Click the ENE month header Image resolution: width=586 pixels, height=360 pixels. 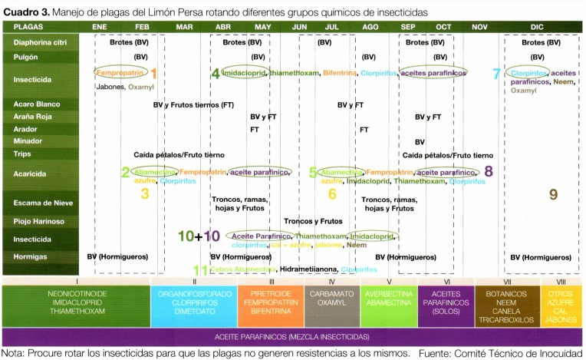click(x=99, y=26)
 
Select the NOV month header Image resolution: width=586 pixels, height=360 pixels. click(x=480, y=26)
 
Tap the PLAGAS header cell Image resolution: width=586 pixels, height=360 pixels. click(x=28, y=26)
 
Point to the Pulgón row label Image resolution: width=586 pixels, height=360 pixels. click(x=27, y=57)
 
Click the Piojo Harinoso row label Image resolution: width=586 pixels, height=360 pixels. click(x=38, y=222)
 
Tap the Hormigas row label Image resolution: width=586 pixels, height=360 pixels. click(x=30, y=256)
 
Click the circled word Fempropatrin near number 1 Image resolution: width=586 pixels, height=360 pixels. click(x=120, y=73)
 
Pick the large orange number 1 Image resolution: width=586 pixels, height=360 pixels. click(x=153, y=74)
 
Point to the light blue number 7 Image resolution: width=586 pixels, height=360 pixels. click(x=496, y=74)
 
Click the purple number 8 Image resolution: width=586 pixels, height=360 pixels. click(x=489, y=172)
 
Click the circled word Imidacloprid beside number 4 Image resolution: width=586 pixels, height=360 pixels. click(x=245, y=73)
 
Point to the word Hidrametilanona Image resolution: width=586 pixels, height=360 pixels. click(x=308, y=270)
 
